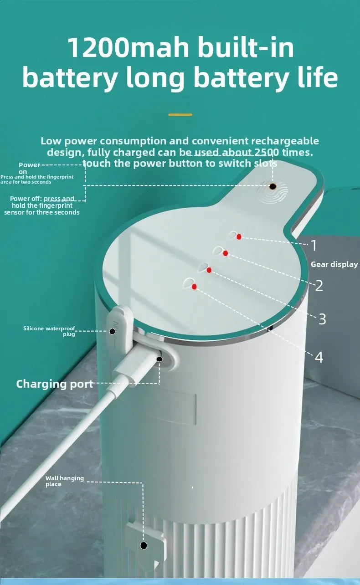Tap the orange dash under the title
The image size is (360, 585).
180,114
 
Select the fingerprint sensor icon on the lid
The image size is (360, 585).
272,187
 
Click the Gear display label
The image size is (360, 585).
334,264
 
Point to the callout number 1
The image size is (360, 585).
314,246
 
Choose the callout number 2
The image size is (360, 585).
319,286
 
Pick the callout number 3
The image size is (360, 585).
322,319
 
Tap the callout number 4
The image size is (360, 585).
319,358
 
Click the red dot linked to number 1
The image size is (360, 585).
239,237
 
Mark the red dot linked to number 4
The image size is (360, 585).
195,287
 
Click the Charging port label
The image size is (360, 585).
54,384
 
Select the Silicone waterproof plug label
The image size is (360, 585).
49,331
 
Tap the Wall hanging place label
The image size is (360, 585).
64,481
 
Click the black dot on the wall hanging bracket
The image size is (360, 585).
144,545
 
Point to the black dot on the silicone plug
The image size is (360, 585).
113,331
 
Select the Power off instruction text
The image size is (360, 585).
42,205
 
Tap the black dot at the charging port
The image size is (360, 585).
159,359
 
